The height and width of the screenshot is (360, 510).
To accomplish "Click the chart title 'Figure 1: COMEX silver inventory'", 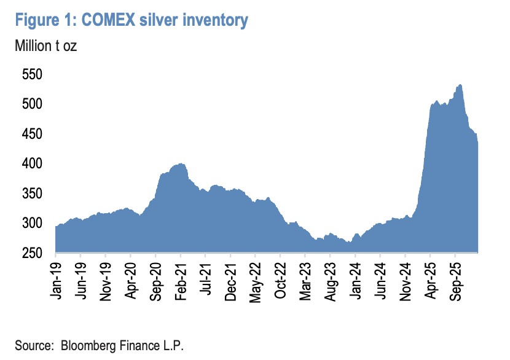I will tap(131, 20).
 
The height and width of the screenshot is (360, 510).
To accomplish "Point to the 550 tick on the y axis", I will tap(33, 75).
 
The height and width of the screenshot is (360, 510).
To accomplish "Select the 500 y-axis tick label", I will tap(33, 104).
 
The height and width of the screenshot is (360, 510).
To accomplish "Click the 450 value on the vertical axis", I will tap(33, 134).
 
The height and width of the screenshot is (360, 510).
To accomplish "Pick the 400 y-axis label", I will tap(33, 164).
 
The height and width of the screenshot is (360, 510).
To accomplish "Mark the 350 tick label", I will tap(33, 194).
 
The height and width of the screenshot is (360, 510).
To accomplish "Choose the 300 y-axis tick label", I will tap(33, 223).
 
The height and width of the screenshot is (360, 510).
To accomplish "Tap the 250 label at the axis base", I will tap(33, 252).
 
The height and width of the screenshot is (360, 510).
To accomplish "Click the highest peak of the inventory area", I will tap(460, 85).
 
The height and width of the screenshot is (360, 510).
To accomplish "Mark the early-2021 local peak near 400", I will tap(181, 164).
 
